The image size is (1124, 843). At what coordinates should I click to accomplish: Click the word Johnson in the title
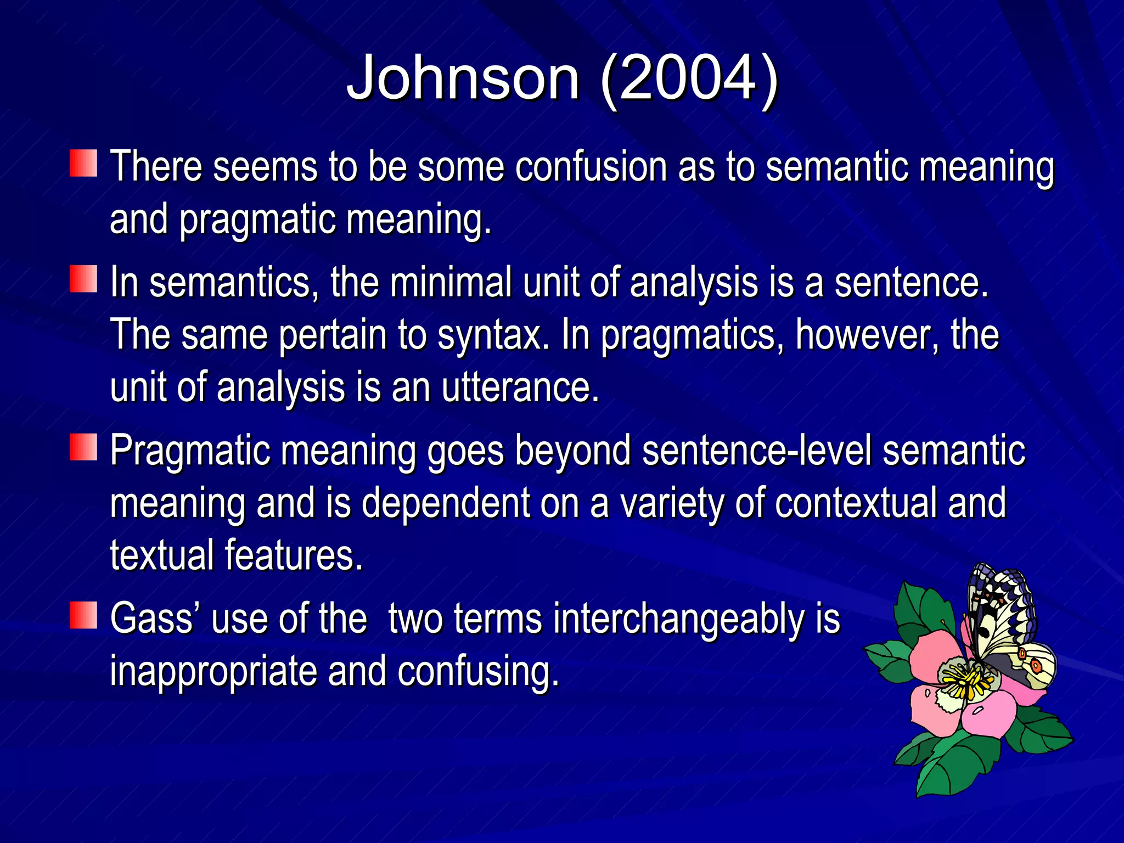coord(463,78)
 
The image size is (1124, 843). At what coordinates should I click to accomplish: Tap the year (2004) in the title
coord(689,78)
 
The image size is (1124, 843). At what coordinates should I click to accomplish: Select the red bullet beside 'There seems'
coord(83,163)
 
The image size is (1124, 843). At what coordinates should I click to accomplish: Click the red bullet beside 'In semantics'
coord(83,279)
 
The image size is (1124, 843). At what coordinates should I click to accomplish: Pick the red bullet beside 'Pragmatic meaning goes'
coord(83,447)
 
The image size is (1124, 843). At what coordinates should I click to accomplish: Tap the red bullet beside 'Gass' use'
coord(83,615)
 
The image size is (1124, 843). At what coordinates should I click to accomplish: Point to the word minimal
coord(452,282)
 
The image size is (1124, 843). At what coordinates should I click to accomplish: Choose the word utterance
coord(519,387)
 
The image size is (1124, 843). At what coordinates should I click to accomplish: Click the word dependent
coord(446,503)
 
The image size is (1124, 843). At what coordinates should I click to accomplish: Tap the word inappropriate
coord(213,671)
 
